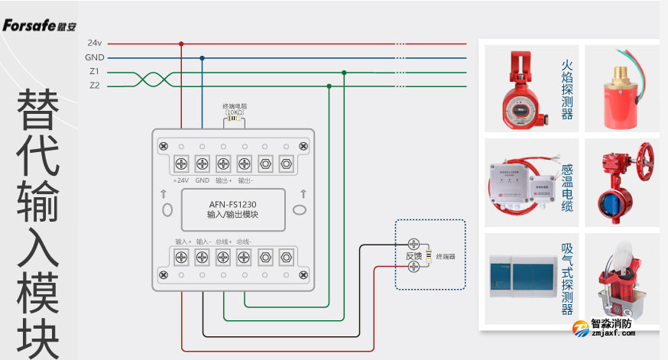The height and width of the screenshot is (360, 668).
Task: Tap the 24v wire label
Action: coord(95,43)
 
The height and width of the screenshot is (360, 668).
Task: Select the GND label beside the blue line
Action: coord(95,57)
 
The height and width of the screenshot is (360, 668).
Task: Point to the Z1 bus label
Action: coord(94,71)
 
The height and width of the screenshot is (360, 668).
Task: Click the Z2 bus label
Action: coord(94,86)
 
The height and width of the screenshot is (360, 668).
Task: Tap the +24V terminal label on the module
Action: coord(181,180)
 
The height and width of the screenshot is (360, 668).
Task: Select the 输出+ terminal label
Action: coord(223,180)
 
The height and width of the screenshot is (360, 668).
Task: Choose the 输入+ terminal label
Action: coord(183,242)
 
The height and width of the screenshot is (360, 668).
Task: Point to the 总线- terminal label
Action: coord(244,242)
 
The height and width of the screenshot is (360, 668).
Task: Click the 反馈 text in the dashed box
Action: coord(413,256)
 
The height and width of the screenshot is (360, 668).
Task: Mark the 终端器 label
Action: coord(446,258)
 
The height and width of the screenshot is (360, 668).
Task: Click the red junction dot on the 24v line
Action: coord(181,44)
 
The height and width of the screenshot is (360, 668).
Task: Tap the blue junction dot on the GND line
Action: coord(202,57)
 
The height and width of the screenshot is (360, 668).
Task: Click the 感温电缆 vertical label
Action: coord(566,187)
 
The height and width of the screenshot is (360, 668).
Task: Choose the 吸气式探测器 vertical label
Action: coord(566,279)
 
